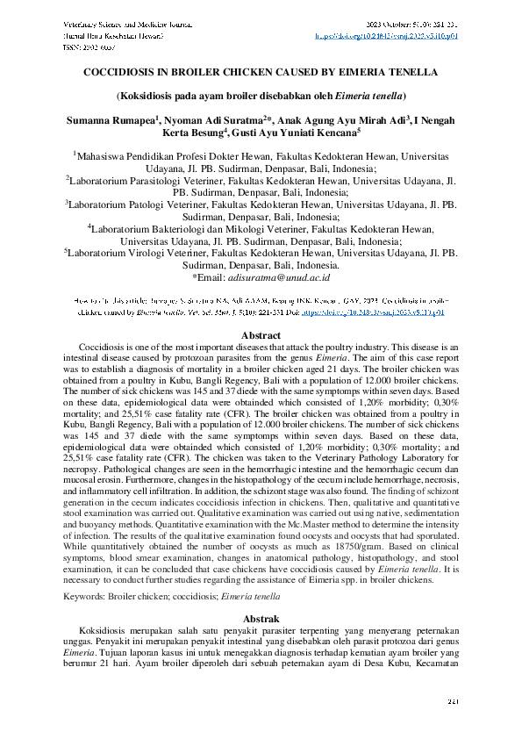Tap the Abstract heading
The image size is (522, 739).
(261, 336)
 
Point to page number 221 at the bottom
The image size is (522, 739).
(454, 701)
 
